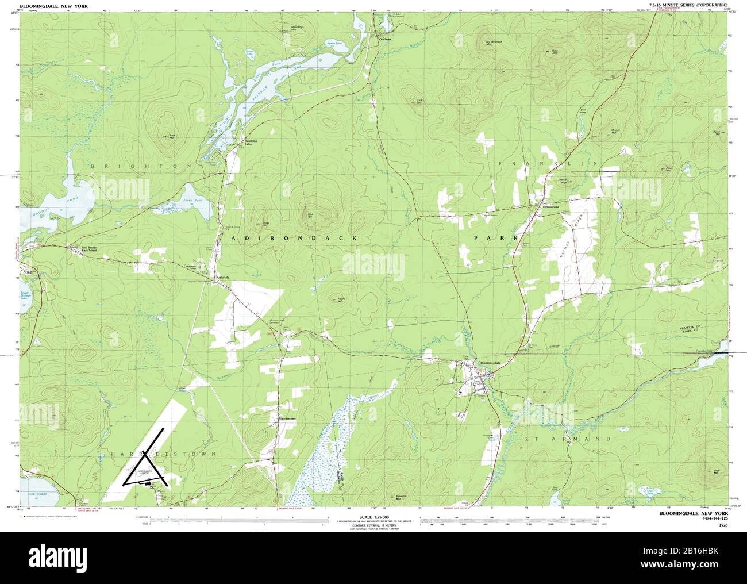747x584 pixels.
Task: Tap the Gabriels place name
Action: click(x=223, y=277)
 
